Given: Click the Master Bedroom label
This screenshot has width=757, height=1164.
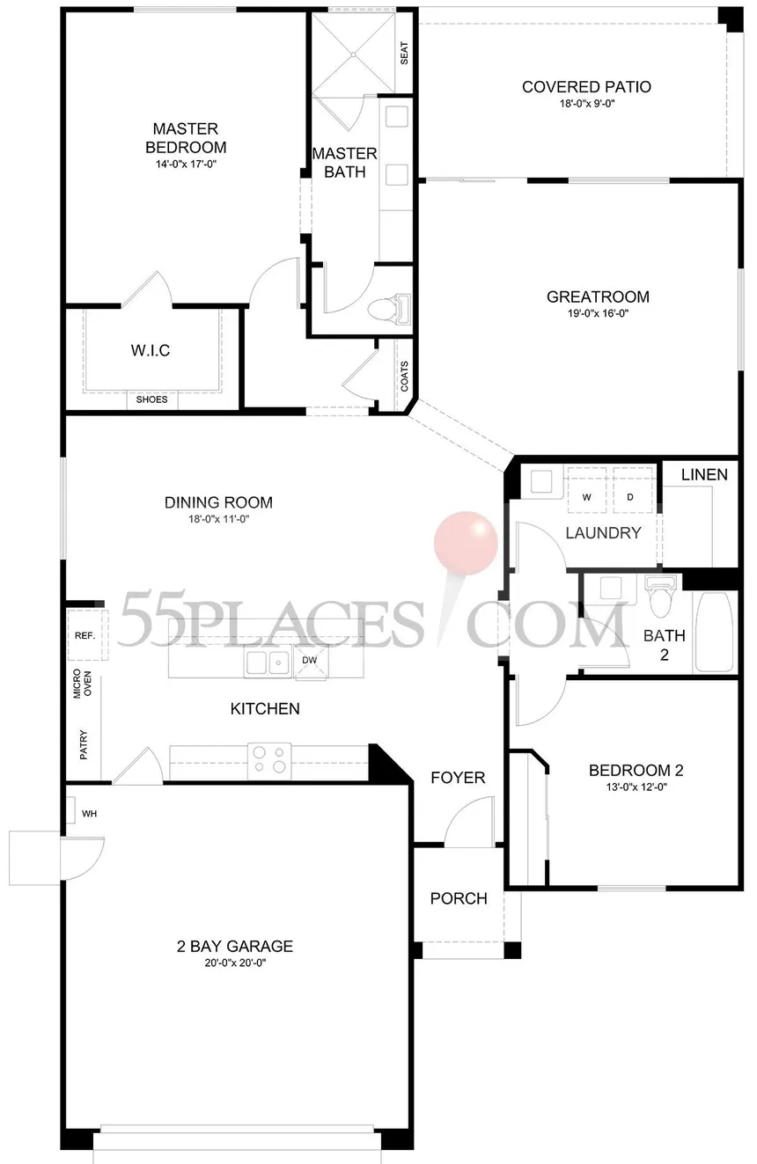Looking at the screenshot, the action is pyautogui.click(x=186, y=138).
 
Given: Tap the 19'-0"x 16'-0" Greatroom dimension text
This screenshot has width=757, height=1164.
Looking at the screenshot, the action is pyautogui.click(x=598, y=313).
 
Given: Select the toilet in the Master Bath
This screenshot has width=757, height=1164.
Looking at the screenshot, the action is pyautogui.click(x=389, y=309).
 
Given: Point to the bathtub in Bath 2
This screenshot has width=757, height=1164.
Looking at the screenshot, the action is pyautogui.click(x=715, y=632).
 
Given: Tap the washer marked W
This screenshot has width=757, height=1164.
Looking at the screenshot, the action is pyautogui.click(x=586, y=496).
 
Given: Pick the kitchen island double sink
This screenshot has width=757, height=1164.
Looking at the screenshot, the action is pyautogui.click(x=268, y=663).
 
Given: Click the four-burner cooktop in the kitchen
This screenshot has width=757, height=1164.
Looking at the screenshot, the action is pyautogui.click(x=268, y=761).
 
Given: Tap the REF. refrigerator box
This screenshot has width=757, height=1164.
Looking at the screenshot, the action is pyautogui.click(x=88, y=635).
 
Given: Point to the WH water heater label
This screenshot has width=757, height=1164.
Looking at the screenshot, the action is pyautogui.click(x=90, y=814).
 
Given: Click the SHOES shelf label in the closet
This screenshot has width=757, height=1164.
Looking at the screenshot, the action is pyautogui.click(x=151, y=399).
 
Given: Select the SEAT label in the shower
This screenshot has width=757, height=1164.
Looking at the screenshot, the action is pyautogui.click(x=404, y=53).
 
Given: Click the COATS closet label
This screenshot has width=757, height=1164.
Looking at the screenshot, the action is pyautogui.click(x=404, y=376).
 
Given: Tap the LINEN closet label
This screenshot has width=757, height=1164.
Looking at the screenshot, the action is pyautogui.click(x=704, y=474).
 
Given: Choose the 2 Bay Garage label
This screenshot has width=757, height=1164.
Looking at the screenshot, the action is pyautogui.click(x=235, y=946).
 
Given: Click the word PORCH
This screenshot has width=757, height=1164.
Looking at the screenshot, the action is pyautogui.click(x=459, y=898).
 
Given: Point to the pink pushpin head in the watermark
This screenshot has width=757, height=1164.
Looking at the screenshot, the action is pyautogui.click(x=466, y=543).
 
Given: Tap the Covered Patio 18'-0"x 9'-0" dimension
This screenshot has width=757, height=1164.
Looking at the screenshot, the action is pyautogui.click(x=587, y=104).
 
